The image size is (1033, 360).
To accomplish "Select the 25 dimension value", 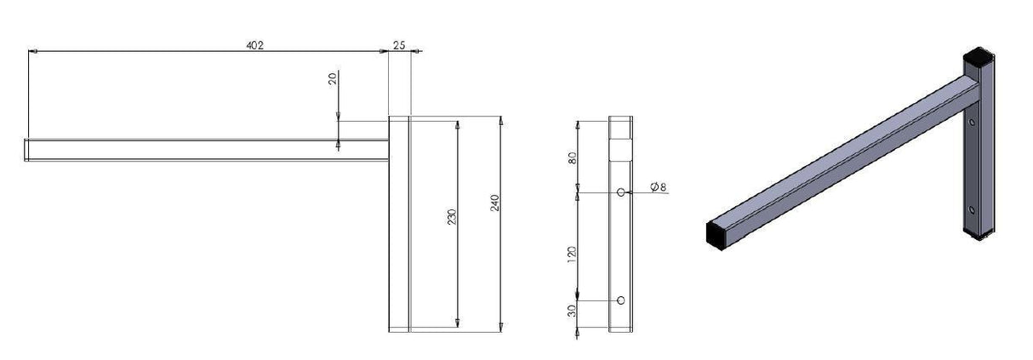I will (399, 45).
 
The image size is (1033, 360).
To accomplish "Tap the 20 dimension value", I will (333, 78).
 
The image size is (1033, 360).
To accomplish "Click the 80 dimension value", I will (573, 157).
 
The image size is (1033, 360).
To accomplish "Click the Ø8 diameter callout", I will (657, 187).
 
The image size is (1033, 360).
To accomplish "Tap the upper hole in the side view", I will (621, 192).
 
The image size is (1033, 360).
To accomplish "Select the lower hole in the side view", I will (621, 300).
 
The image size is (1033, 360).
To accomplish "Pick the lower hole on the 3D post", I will (971, 208).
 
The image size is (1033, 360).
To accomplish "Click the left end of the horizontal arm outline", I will (26, 150).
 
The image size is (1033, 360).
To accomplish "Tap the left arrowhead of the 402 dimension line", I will (32, 52).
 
